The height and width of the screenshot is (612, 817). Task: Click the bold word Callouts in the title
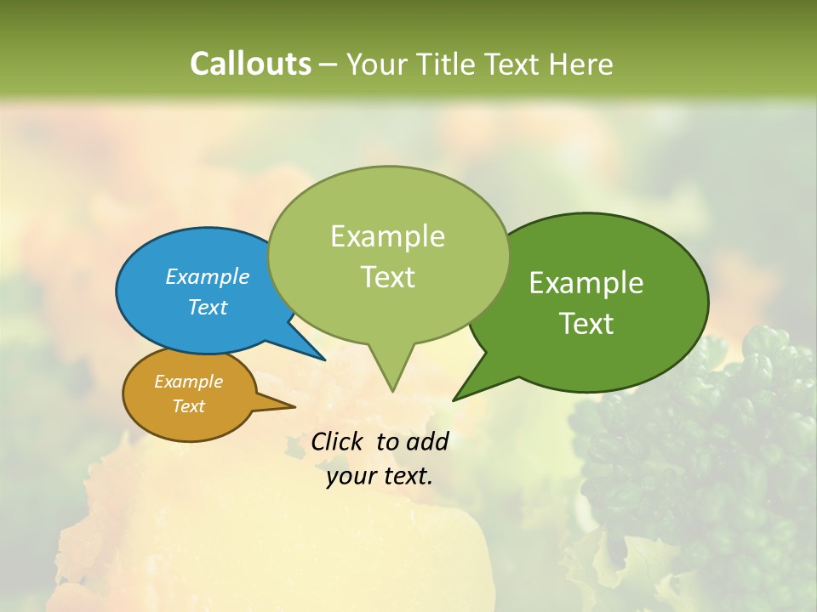[250, 64]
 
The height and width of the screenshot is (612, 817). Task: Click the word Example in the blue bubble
[208, 276]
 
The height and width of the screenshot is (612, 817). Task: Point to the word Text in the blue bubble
[208, 307]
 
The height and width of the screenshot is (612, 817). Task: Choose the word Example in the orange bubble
[188, 382]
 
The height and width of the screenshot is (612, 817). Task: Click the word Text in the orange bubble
[188, 406]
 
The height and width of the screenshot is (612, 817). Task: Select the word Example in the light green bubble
[388, 236]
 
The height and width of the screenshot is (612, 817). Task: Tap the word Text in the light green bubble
[388, 277]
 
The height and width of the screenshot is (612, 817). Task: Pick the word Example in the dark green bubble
[586, 283]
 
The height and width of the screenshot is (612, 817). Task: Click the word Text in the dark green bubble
[586, 324]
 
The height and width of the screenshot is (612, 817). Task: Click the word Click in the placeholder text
[339, 441]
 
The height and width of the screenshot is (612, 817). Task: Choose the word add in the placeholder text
[427, 441]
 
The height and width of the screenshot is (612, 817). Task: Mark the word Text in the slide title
[511, 64]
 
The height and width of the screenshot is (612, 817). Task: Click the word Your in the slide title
[374, 64]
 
